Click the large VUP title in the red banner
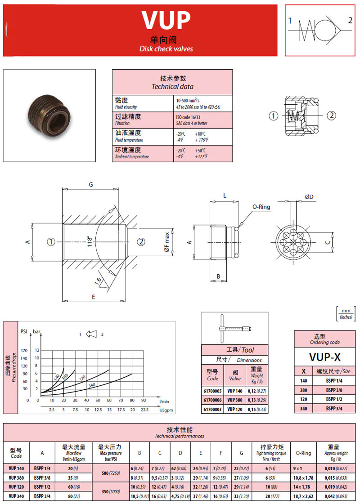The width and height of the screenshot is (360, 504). pos(166,20)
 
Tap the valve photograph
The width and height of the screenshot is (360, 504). pos(49,115)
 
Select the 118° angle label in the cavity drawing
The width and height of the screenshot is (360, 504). pos(90,241)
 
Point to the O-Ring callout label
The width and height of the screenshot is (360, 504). pos(261,207)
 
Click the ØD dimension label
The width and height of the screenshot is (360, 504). pos(309,197)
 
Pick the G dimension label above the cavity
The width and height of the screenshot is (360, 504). pos(91,184)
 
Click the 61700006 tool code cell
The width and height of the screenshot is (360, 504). pos(213,400)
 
